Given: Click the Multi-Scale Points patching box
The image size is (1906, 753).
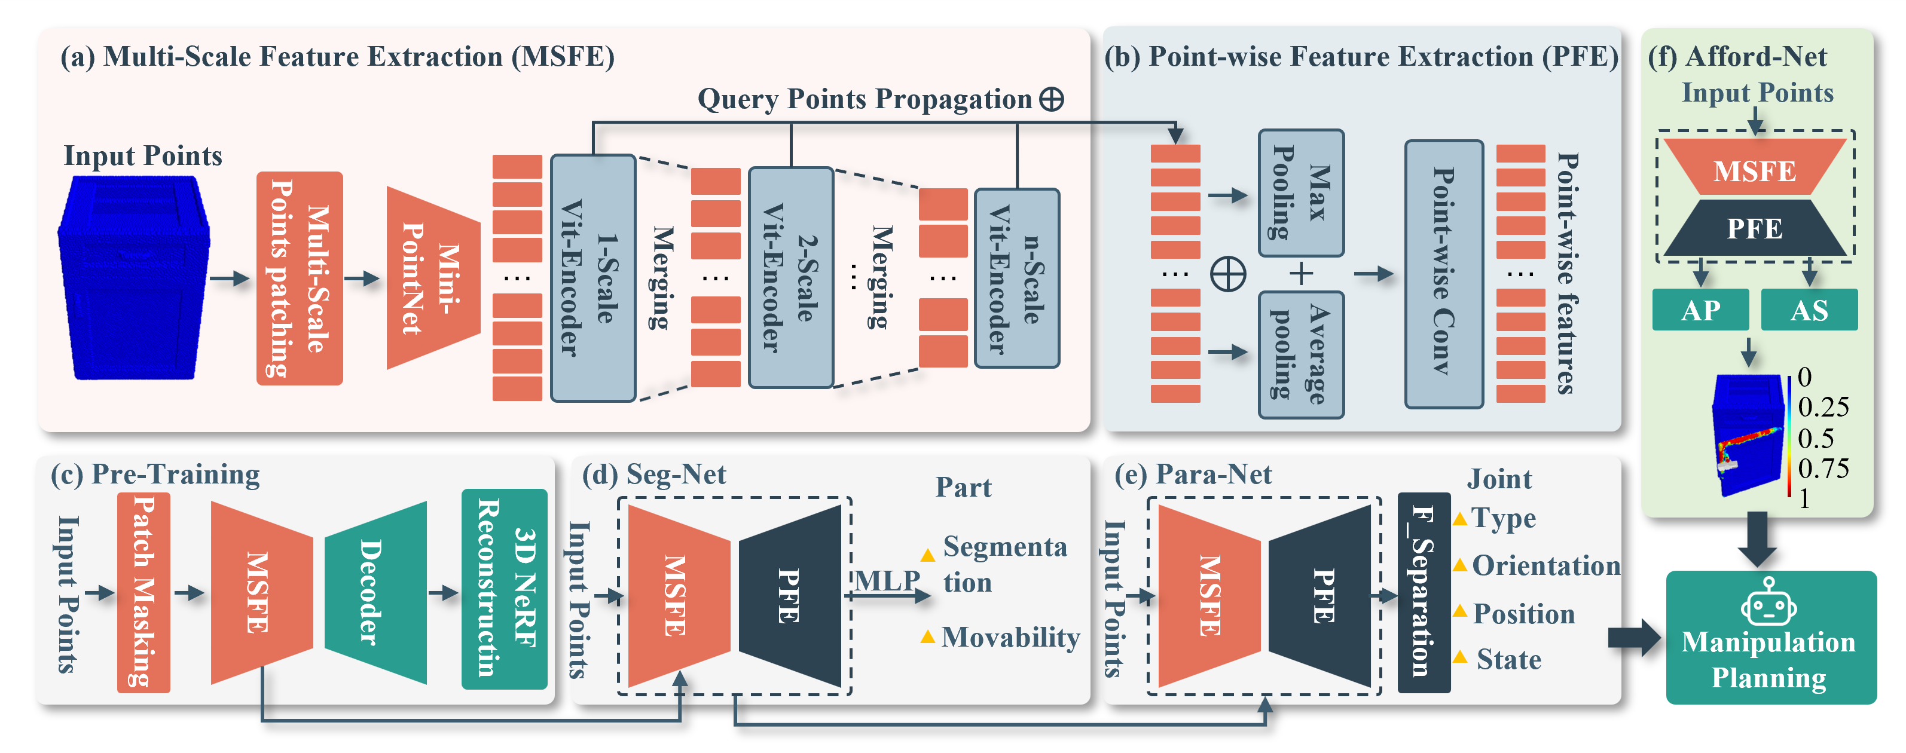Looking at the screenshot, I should (299, 278).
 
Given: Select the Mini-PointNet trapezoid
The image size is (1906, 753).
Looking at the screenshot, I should (433, 278).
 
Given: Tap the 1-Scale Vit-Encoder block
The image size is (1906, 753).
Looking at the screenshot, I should (592, 278).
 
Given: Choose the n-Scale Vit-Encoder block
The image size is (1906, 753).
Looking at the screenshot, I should (1016, 278).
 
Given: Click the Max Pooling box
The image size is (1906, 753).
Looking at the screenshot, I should (1301, 193).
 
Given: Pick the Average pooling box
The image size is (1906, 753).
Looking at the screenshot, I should (1301, 354).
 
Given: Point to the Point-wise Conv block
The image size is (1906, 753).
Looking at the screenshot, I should (1444, 274).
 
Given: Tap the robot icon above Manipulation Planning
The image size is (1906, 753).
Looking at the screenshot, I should (1768, 603).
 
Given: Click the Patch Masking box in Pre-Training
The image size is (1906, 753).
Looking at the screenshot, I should (143, 592).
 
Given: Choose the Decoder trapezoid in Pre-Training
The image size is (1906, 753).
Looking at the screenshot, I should (375, 592).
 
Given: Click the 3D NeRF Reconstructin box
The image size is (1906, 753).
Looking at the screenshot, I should (504, 589).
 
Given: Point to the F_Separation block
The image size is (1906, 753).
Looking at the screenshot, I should (1423, 592).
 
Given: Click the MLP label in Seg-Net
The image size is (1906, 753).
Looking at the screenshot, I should (887, 581).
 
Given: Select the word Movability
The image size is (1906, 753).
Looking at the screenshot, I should (1010, 637).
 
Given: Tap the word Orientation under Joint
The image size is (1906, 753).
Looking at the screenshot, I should (1545, 566).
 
